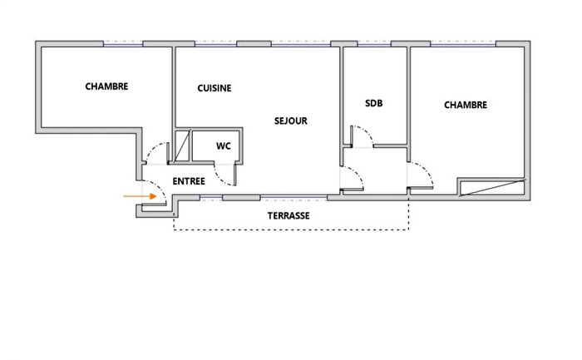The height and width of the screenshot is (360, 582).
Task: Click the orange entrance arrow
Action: pos(138,196)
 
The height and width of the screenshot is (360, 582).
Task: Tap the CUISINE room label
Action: pos(215,88)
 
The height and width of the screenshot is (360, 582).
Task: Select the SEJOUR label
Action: pos(291,121)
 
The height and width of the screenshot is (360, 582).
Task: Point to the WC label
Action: pos(223,145)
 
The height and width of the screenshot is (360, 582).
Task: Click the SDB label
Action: pos(373,104)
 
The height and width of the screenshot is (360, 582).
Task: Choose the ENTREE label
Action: pos(189,180)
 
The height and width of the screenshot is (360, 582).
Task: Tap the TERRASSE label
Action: pos(289,215)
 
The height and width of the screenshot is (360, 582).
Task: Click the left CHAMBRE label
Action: pos(106,86)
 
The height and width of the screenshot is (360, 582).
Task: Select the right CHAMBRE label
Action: pos(465,105)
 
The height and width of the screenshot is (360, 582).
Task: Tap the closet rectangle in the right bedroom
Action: pos(491,187)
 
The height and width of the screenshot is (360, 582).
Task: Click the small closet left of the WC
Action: pos(182,146)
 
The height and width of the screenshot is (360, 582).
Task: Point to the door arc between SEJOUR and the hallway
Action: pos(354,175)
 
